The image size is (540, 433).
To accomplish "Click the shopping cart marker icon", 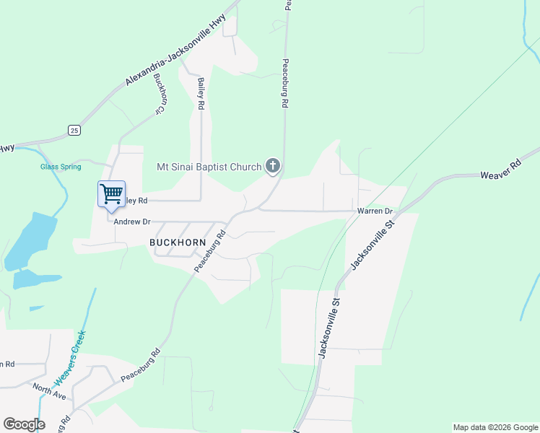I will click(111, 193).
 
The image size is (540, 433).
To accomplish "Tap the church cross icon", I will click(273, 167).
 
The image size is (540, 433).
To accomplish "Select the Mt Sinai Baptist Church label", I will click(209, 167).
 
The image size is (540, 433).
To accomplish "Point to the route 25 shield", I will click(74, 130).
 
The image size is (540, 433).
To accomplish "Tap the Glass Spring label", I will click(61, 167).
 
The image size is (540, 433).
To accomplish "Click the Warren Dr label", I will click(374, 211).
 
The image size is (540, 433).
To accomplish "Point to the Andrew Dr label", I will click(131, 222).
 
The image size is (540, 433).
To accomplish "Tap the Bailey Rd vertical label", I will click(201, 93).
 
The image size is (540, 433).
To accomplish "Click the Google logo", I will click(24, 424).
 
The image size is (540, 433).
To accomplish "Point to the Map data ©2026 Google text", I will click(495, 427).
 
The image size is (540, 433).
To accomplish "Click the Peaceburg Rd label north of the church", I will click(286, 83).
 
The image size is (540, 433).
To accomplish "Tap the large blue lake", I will click(30, 240).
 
